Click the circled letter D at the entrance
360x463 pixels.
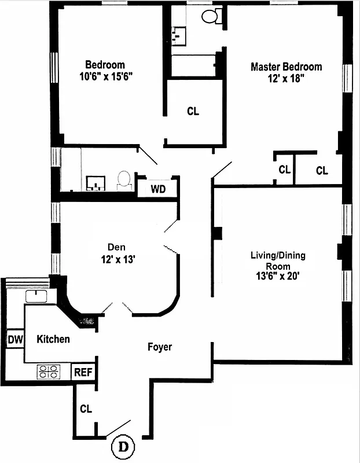pyautogui.click(x=123, y=447)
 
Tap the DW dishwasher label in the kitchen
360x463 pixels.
pyautogui.click(x=15, y=340)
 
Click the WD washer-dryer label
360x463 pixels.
pyautogui.click(x=157, y=189)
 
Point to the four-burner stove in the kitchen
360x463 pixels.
pyautogui.click(x=49, y=371)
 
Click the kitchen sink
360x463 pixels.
pyautogui.click(x=36, y=297)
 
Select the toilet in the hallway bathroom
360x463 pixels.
pyautogui.click(x=124, y=180)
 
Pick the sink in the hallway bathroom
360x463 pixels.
pyautogui.click(x=95, y=183)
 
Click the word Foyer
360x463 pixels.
pyautogui.click(x=159, y=347)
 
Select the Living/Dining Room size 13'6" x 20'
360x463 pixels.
pyautogui.click(x=277, y=276)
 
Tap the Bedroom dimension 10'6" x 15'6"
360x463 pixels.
pyautogui.click(x=105, y=76)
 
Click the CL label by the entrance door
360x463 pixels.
pyautogui.click(x=86, y=409)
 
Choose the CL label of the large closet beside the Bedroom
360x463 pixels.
pyautogui.click(x=193, y=112)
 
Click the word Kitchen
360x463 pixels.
pyautogui.click(x=53, y=339)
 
